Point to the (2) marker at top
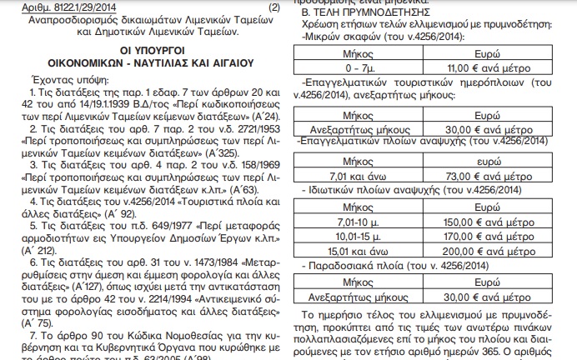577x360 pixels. point(274,6)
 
